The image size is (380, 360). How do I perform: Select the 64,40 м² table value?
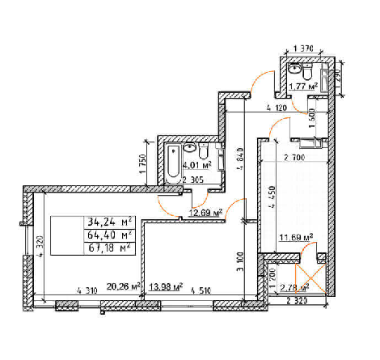click(110, 235)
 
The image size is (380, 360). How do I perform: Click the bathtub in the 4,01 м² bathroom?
click(174, 161)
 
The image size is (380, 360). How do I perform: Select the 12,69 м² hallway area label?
click(205, 214)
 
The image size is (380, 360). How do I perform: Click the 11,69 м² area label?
click(295, 239)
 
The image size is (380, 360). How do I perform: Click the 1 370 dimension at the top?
click(303, 49)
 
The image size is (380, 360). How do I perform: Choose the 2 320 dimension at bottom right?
click(298, 302)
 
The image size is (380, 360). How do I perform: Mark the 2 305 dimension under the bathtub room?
click(193, 180)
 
